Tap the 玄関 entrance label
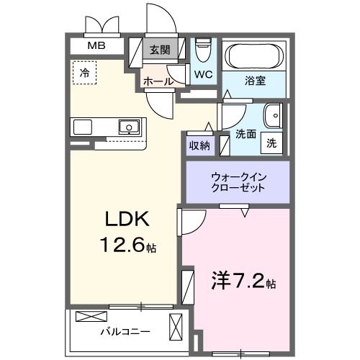coord(160,50)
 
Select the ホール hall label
coord(158,81)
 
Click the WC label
coord(203,74)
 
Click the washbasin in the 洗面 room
coord(272,116)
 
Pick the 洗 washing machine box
coord(271,142)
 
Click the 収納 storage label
coord(199,146)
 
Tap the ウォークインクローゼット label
coord(238,181)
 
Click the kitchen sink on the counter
coord(129,127)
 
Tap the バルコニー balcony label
coord(125,333)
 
